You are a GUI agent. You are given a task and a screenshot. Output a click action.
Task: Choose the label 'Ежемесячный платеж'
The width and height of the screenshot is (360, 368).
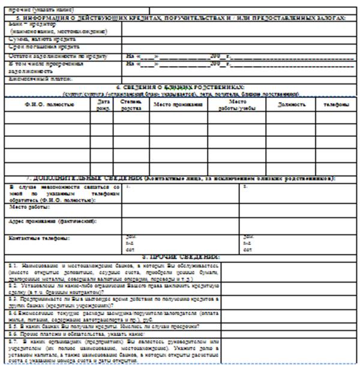pyautogui.click(x=40, y=78)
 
